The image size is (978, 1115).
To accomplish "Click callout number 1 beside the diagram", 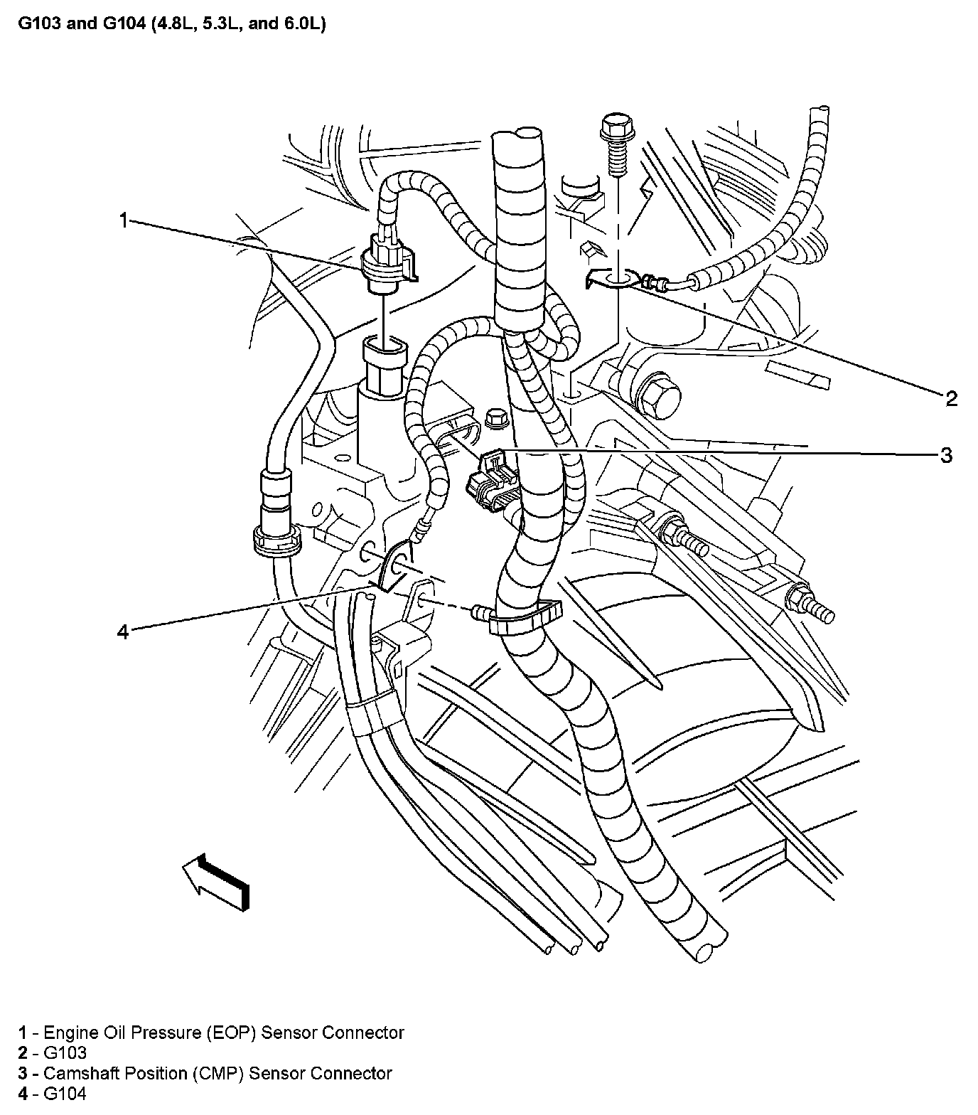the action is click(x=122, y=221).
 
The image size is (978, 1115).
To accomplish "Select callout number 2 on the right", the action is click(x=951, y=398).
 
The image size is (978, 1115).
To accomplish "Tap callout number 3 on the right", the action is click(x=945, y=455).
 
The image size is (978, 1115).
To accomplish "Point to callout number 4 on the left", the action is click(x=123, y=631).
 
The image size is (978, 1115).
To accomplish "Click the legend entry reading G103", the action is click(x=65, y=1053).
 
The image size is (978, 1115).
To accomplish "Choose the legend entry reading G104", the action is click(x=65, y=1094).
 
